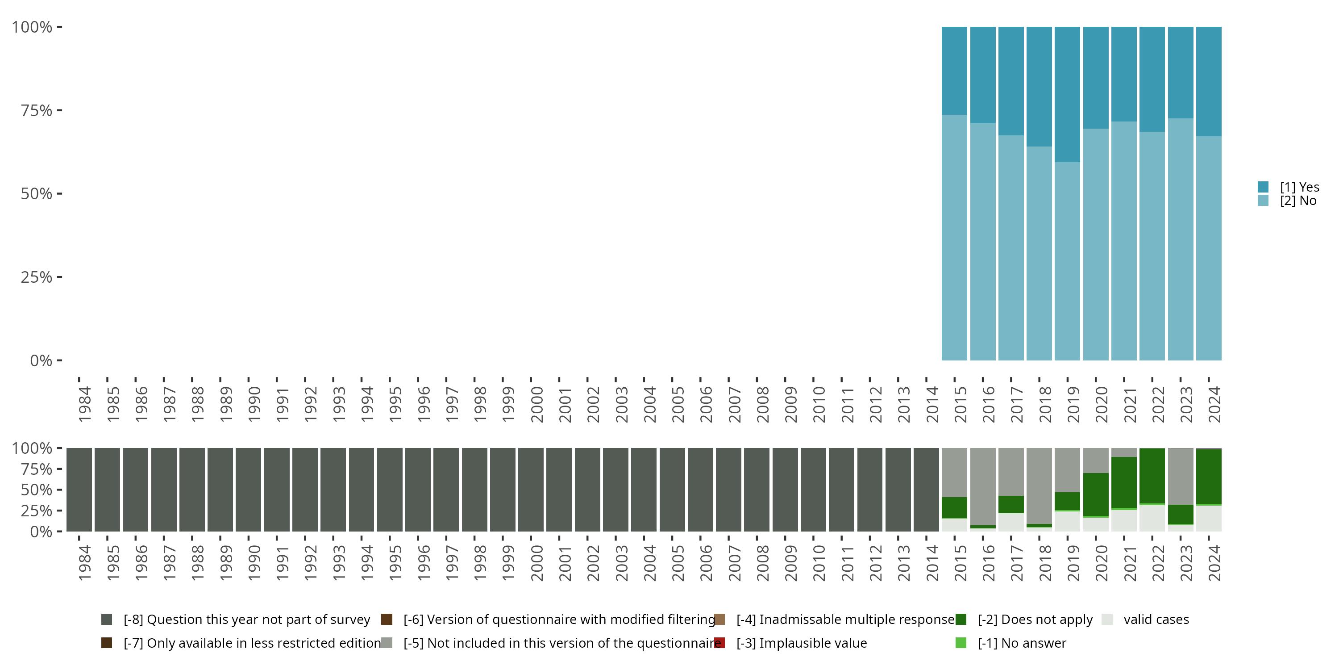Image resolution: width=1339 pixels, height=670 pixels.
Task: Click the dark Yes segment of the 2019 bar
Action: click(1067, 94)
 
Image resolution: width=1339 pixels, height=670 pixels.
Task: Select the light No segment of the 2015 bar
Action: click(954, 237)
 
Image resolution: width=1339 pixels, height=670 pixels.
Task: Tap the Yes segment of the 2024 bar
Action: click(1209, 81)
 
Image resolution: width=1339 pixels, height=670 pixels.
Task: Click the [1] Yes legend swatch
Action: click(1263, 187)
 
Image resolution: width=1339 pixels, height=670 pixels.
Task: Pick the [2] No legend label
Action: click(1298, 201)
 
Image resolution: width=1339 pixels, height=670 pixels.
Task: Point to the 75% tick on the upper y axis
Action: click(59, 110)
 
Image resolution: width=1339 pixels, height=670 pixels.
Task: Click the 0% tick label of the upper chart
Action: click(41, 360)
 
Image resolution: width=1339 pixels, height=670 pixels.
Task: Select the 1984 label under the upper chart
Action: click(85, 404)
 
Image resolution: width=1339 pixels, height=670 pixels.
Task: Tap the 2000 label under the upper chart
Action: click(536, 404)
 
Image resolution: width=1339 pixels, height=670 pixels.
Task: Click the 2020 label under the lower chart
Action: click(1102, 563)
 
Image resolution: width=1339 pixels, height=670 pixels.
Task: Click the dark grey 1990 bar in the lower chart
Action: click(249, 490)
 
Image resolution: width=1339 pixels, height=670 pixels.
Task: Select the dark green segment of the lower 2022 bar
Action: click(1152, 475)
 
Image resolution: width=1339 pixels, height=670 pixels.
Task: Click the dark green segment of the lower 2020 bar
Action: click(1096, 494)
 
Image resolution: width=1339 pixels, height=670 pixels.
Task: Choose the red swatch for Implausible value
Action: click(719, 643)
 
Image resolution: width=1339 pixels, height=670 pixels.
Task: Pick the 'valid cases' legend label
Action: click(1156, 620)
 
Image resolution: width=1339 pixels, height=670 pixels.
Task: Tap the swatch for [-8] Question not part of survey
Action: click(107, 620)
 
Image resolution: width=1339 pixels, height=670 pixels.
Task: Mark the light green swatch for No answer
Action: click(961, 643)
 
